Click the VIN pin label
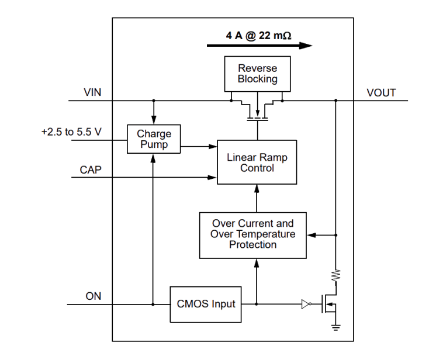tap(92, 94)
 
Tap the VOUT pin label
tap(380, 94)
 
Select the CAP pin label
tap(91, 170)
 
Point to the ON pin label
tap(94, 297)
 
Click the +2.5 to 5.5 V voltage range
tap(71, 134)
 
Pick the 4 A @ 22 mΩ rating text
tap(259, 36)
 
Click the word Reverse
tap(258, 68)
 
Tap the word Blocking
tap(257, 81)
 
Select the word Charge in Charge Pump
tap(154, 134)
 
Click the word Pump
tap(154, 146)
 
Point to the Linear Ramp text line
tap(257, 158)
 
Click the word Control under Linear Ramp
tap(257, 169)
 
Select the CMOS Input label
tap(206, 304)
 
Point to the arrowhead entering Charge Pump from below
tap(154, 157)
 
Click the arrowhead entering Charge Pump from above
tap(154, 120)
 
